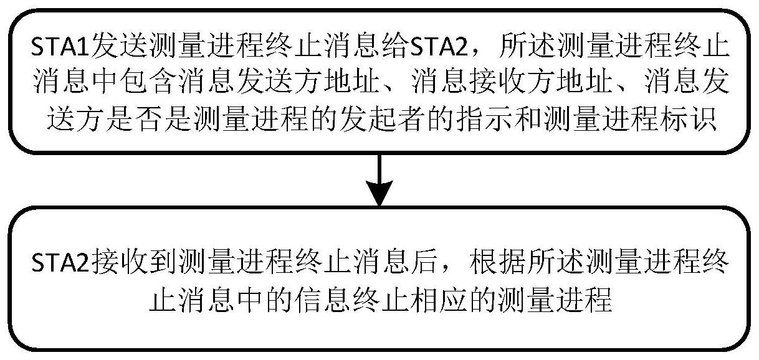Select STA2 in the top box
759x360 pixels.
click(x=408, y=48)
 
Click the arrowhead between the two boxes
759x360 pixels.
click(x=379, y=194)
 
